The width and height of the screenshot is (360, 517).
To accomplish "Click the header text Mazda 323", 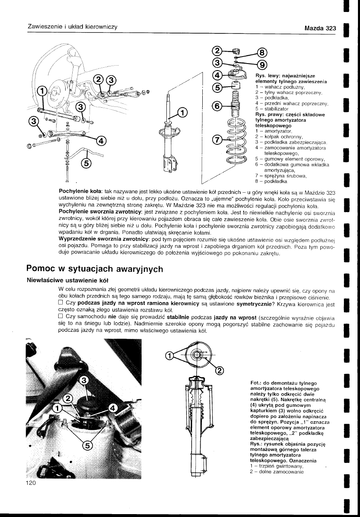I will click(320, 28).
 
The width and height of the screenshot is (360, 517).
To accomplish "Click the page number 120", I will click(31, 483).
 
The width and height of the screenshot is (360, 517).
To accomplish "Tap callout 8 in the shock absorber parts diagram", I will click(263, 52).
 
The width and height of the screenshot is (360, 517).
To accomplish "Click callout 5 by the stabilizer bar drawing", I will click(86, 164).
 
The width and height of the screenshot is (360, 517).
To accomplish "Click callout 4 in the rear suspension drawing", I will click(101, 141).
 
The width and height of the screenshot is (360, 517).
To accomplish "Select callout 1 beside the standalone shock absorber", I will click(182, 112).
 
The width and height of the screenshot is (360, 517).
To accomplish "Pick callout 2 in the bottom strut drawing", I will click(220, 370).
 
